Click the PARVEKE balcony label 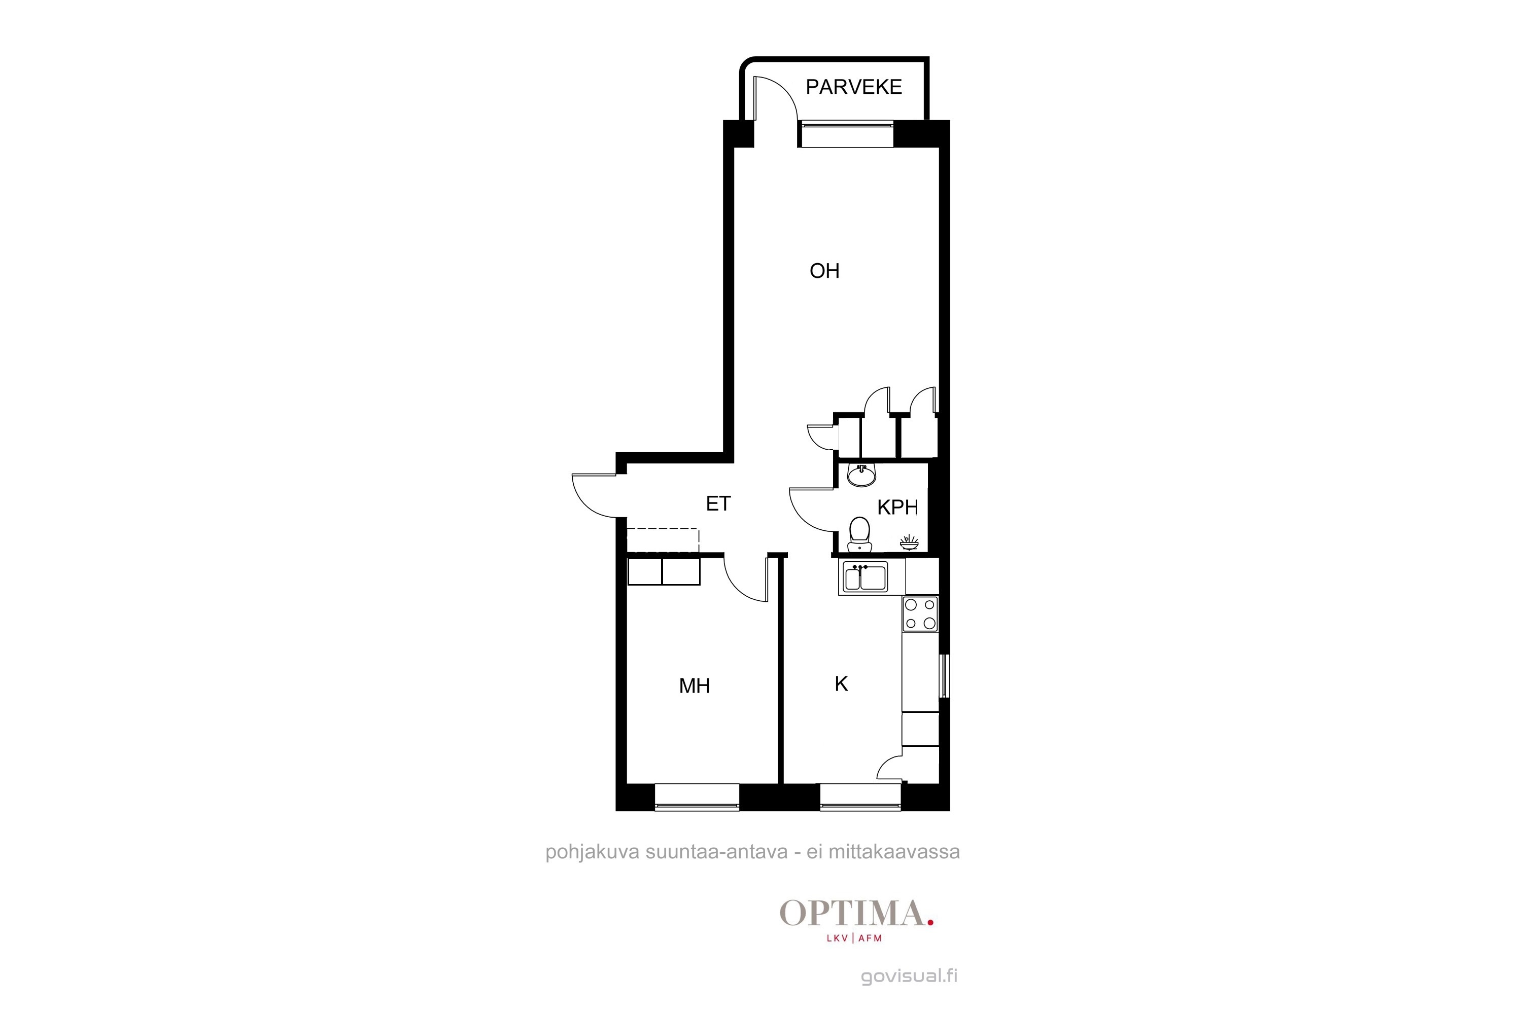click(x=853, y=87)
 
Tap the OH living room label click(x=824, y=270)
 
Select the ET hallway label click(x=718, y=503)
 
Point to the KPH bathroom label click(x=897, y=507)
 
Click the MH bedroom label click(x=695, y=685)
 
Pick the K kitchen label click(x=841, y=683)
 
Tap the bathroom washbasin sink click(x=861, y=476)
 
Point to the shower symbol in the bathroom click(x=909, y=542)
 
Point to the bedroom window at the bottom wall click(x=697, y=796)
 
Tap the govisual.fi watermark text click(x=909, y=976)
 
